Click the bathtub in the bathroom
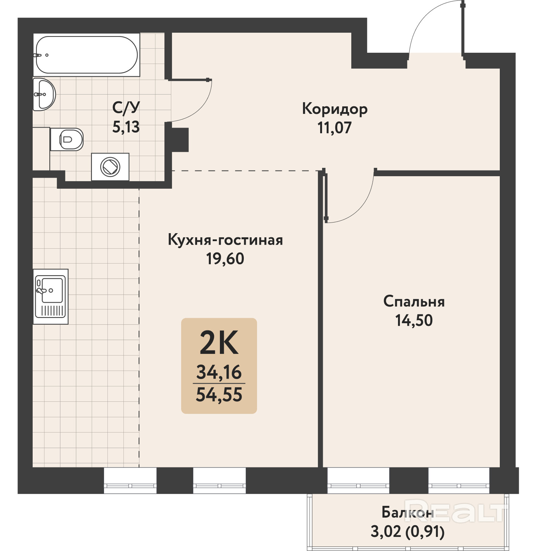86,55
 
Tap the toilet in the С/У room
67,139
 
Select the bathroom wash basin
44,94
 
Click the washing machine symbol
110,167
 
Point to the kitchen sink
51,297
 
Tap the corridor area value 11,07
335,128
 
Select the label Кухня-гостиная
226,240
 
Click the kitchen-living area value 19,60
225,259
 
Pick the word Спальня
414,302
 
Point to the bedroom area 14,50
414,320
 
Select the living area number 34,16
219,372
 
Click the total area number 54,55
219,395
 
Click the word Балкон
407,513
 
